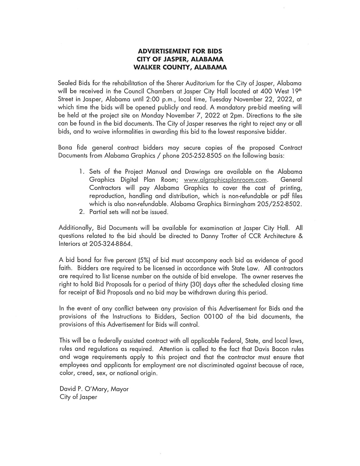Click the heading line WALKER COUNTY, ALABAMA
[x=180, y=67]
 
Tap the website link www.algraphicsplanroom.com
[x=225, y=180]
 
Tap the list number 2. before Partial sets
[x=82, y=212]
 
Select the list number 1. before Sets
[x=82, y=172]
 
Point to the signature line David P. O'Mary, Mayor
[x=94, y=389]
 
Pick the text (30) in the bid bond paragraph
[x=196, y=285]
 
